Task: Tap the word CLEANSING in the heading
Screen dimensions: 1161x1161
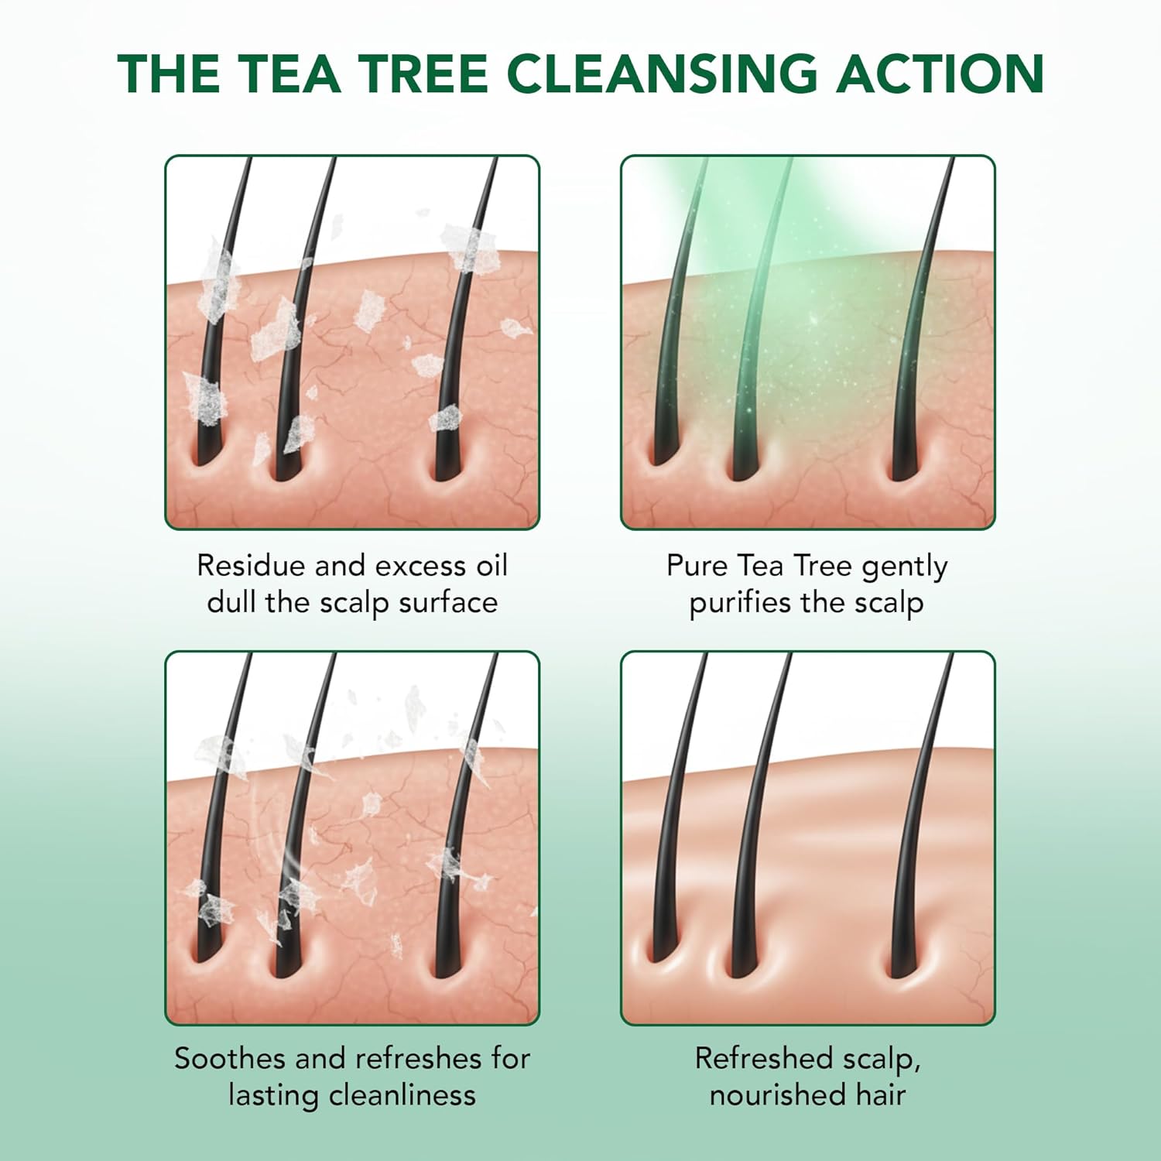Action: tap(662, 74)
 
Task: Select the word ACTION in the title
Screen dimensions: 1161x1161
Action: tap(940, 74)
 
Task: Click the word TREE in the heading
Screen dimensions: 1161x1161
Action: tap(422, 74)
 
